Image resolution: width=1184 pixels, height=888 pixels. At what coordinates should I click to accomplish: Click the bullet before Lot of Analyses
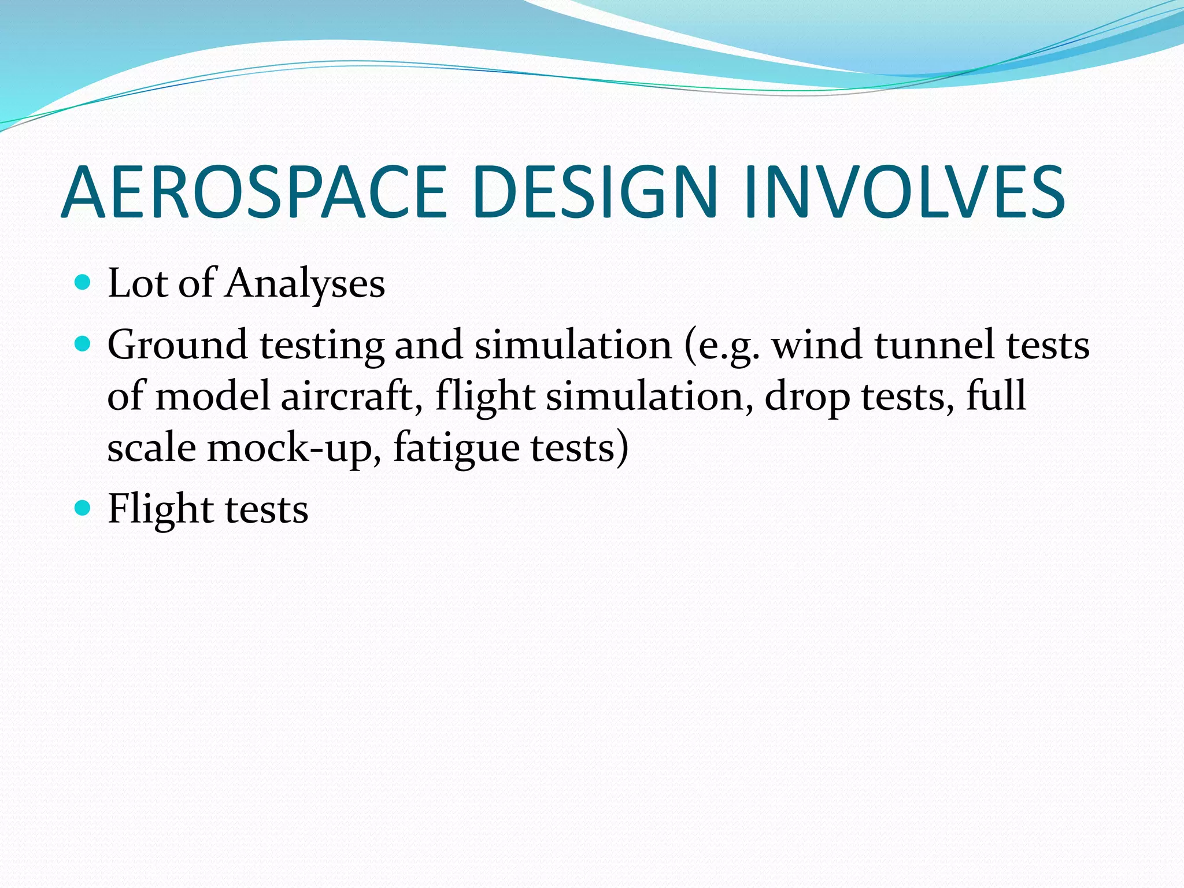coord(83,282)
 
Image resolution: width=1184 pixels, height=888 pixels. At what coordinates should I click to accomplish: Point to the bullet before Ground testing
coord(83,345)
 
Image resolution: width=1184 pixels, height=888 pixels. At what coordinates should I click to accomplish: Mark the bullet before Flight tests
coord(83,508)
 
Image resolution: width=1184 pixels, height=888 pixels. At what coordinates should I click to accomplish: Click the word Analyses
coord(305,284)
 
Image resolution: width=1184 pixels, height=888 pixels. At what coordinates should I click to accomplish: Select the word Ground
coord(177,346)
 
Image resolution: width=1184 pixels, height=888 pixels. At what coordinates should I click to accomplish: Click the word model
coord(213,397)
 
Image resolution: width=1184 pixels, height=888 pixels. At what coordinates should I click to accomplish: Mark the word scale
coord(151,448)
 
